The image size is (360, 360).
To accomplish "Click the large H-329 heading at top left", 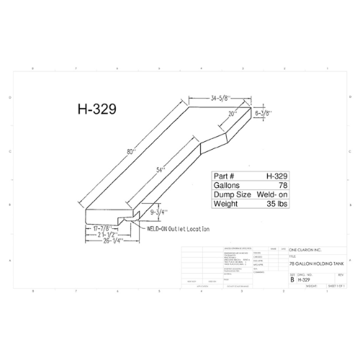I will (x=96, y=110).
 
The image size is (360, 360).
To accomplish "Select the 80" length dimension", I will (x=130, y=152).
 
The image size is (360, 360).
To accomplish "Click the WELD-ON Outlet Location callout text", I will (x=178, y=228).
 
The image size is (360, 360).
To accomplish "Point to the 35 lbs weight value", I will (x=269, y=204).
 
